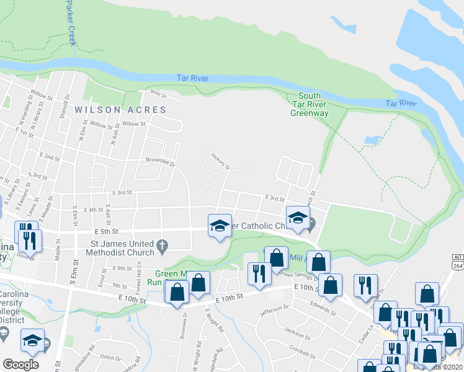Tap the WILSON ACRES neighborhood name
[120, 110]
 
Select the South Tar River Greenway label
[309, 104]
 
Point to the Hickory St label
[220, 161]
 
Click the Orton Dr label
[110, 357]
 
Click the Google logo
[20, 365]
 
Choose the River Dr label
[159, 95]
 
